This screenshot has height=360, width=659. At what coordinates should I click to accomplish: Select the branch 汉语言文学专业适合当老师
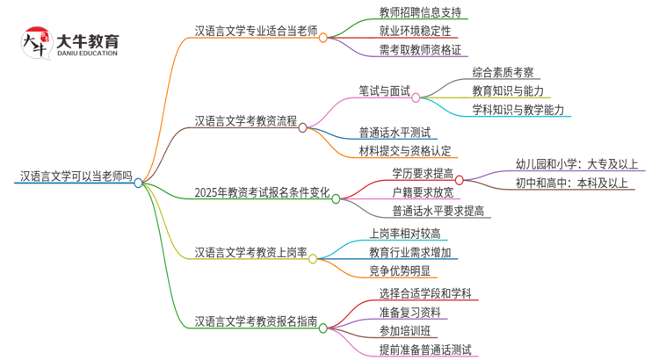click(256, 30)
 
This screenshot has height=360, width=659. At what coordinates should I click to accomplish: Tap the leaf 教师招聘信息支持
click(418, 13)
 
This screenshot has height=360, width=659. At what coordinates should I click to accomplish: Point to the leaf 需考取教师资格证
click(418, 50)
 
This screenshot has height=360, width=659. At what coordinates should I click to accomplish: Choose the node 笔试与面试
click(384, 90)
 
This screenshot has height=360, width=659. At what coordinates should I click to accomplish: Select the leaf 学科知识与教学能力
click(518, 110)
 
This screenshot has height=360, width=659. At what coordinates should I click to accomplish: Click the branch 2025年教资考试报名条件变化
click(262, 192)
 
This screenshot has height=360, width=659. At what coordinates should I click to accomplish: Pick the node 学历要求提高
click(423, 172)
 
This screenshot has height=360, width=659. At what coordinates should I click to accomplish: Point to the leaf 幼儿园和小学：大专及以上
click(577, 163)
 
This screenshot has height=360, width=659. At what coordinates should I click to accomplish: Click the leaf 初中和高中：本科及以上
click(572, 183)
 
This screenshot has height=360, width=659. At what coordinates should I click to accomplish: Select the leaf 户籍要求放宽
click(423, 191)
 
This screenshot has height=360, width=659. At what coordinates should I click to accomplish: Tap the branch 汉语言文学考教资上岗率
click(250, 253)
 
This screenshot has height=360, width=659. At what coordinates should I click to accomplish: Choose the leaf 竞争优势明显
click(401, 271)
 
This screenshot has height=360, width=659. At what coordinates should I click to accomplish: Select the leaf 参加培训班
click(405, 331)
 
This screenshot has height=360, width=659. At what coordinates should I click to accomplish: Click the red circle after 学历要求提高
click(460, 179)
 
